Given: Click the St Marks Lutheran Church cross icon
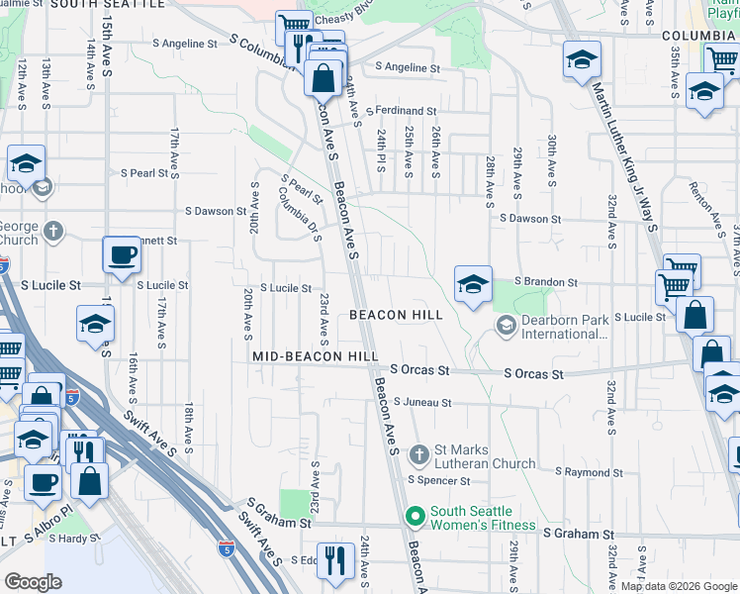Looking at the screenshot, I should click(418, 454).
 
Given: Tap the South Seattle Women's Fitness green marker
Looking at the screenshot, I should click(415, 516).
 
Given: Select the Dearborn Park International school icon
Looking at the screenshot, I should click(507, 326).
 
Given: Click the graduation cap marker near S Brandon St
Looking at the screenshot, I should click(473, 284).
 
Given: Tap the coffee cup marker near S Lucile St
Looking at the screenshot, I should click(123, 254).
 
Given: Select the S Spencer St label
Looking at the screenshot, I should click(440, 481).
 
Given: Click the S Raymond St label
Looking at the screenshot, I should click(589, 473).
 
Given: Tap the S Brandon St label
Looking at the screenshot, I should click(545, 282).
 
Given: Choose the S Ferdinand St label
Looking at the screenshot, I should click(401, 111).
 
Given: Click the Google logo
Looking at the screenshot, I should click(33, 582).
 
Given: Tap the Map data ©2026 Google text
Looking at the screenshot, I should click(678, 586).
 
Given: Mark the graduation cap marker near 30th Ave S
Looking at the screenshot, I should click(582, 59).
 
